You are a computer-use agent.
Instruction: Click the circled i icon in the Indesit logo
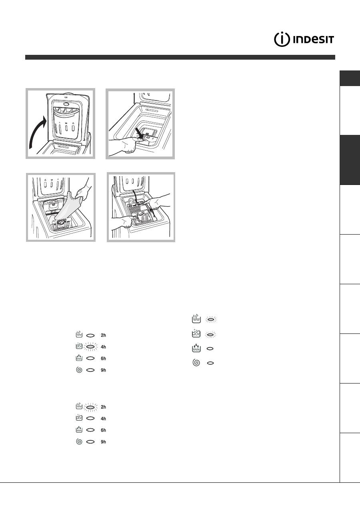(282, 40)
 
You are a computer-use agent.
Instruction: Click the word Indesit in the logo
(313, 40)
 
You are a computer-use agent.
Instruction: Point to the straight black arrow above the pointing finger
(139, 133)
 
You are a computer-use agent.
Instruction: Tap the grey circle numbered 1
(144, 218)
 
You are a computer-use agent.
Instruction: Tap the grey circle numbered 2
(131, 201)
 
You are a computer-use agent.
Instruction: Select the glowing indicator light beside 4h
(90, 347)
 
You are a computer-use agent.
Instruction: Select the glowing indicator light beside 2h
(90, 407)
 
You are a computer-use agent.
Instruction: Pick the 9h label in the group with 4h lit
(103, 370)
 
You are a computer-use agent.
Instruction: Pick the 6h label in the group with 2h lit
(103, 430)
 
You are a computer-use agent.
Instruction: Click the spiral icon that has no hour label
(196, 363)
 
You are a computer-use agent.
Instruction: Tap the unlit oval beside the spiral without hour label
(210, 363)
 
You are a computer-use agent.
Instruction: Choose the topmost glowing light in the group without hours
(211, 320)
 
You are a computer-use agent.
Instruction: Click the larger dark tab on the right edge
(350, 160)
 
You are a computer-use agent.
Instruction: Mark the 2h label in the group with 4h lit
(103, 335)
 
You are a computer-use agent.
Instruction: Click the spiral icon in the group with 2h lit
(79, 442)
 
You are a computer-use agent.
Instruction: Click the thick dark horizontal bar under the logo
(180, 57)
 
